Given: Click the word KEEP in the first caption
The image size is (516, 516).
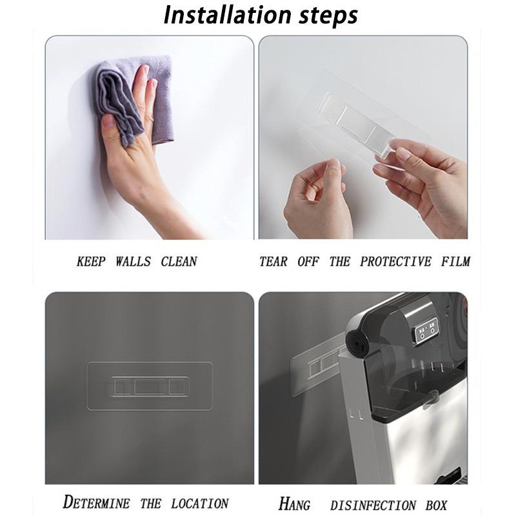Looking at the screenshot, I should point(91,262).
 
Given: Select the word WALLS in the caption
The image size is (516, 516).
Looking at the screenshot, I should point(134,262).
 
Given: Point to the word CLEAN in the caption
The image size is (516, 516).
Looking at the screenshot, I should point(179,262).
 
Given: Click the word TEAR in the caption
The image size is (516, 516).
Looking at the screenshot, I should point(273,262).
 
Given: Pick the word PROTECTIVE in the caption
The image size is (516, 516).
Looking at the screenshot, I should point(395,262).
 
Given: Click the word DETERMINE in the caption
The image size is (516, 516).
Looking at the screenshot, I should point(96,503).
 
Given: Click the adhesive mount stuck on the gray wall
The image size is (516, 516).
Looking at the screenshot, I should point(150,386).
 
